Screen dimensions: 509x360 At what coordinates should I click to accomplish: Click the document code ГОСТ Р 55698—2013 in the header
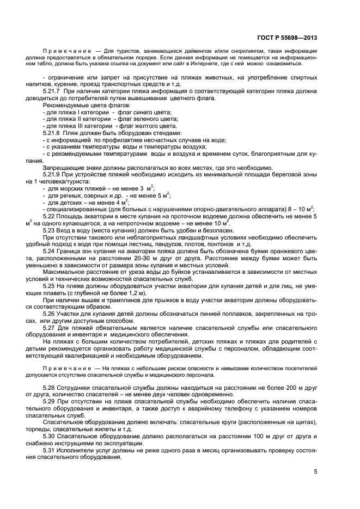(x=286, y=38)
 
